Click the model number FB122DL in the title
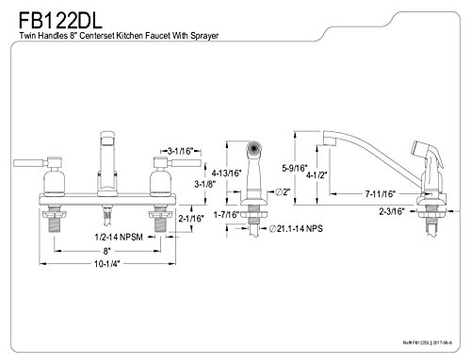[x=60, y=21]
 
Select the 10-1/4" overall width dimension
[x=107, y=264]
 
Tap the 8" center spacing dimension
[x=107, y=251]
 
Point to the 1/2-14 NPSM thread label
[x=119, y=237]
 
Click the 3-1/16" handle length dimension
[x=180, y=151]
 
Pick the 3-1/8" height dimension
[x=204, y=184]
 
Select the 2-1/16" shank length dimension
[x=191, y=218]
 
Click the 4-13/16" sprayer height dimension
[x=226, y=174]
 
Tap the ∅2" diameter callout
[x=283, y=191]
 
